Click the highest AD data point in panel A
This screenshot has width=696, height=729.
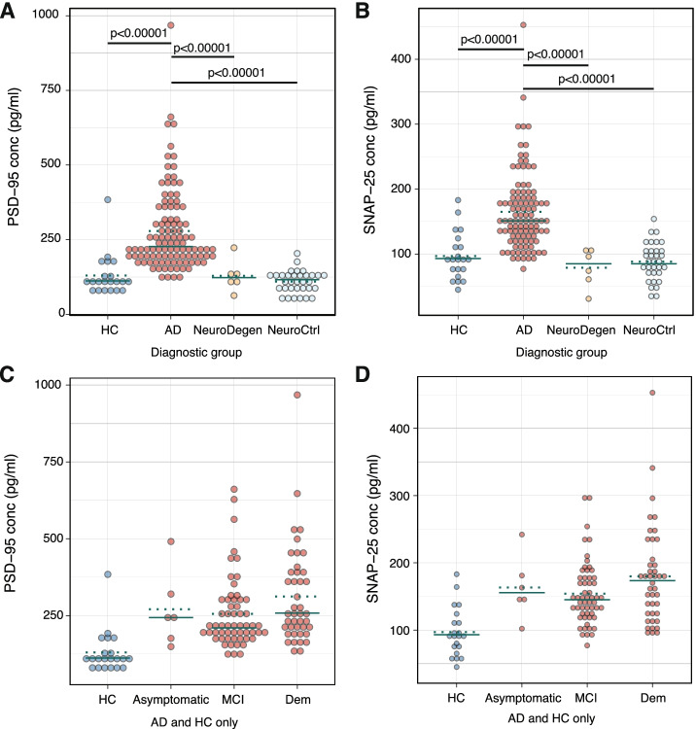click(x=171, y=25)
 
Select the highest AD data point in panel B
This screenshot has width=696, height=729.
click(x=523, y=25)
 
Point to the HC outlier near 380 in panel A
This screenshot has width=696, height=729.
click(x=108, y=199)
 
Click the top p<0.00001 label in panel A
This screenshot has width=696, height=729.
click(x=139, y=33)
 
